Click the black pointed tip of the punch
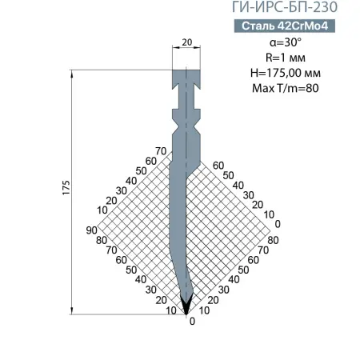pos(187,304)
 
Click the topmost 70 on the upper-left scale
pos(160,150)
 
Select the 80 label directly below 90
pos(101,240)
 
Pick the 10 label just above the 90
pos(101,210)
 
